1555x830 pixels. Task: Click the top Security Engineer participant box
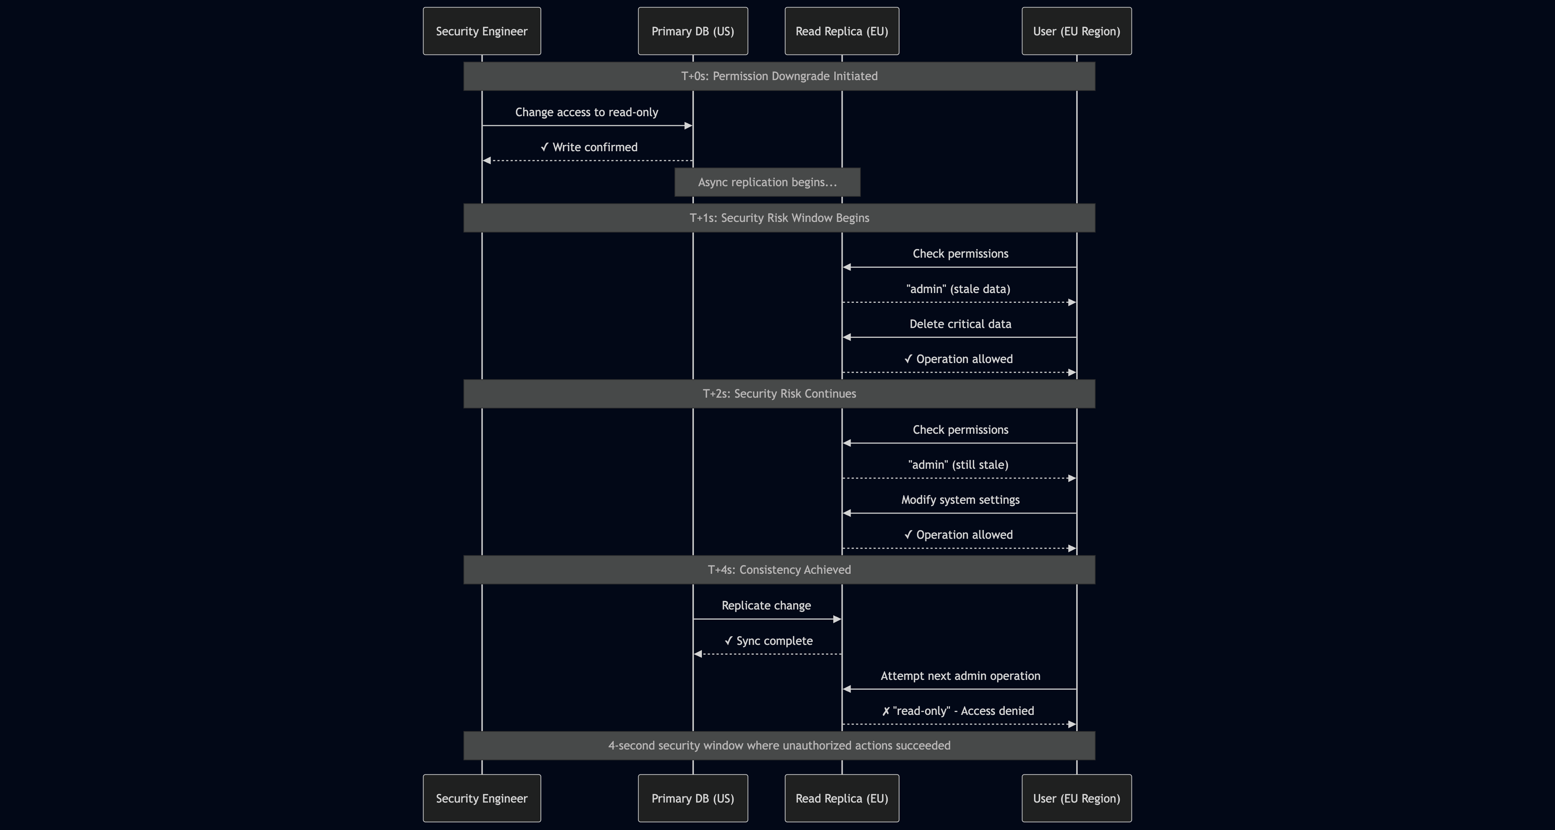(482, 31)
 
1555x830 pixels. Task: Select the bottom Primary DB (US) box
(692, 798)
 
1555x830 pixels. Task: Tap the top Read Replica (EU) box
(842, 31)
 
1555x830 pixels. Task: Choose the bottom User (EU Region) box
(1076, 798)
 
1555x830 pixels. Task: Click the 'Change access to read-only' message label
(586, 112)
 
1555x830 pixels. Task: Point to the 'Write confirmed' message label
(589, 147)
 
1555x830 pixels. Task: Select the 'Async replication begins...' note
(767, 182)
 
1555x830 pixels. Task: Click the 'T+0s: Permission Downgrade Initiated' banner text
(779, 76)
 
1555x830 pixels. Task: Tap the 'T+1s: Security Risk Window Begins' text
(779, 218)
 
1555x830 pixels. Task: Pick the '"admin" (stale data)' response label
(958, 289)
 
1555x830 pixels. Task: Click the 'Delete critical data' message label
(960, 324)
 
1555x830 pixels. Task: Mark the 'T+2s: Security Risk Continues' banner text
(779, 393)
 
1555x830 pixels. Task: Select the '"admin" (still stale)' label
(958, 464)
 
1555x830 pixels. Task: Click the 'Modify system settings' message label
(960, 499)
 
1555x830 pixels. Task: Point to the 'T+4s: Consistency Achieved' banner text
(779, 569)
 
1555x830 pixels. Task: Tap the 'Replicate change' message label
(766, 605)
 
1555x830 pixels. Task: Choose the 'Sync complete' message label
(768, 641)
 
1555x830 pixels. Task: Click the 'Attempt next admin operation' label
(960, 676)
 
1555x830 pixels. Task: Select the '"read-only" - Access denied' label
(958, 711)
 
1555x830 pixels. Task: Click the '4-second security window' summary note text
(779, 746)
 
